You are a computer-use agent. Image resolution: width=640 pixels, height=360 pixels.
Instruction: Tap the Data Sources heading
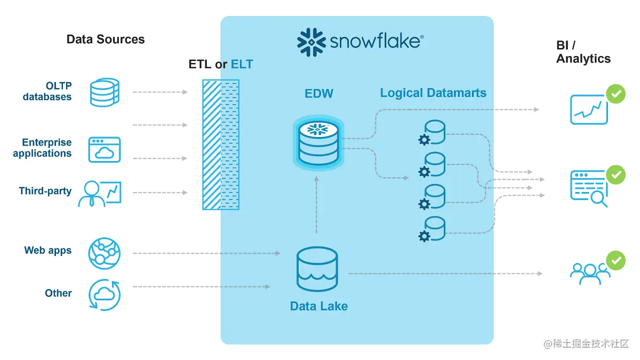coord(105,39)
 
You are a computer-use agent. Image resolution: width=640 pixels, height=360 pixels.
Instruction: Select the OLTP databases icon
coord(105,92)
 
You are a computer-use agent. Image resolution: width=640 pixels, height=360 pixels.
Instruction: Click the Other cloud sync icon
coord(105,294)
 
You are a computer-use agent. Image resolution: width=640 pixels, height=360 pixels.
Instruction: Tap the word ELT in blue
coord(242,65)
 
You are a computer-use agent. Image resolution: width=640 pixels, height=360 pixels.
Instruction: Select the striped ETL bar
coord(212,145)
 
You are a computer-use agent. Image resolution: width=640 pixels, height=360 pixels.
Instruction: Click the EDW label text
coord(319,94)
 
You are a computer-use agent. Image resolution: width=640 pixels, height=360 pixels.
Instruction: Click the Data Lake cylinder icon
coord(317,269)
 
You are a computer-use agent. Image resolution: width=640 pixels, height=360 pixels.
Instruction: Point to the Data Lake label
coord(318,306)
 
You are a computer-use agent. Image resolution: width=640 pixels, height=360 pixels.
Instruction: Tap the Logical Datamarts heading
coord(433,93)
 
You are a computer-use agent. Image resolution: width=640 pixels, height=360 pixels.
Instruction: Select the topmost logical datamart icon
coord(433,133)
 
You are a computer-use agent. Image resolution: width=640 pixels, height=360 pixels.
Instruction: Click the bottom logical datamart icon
coord(433,229)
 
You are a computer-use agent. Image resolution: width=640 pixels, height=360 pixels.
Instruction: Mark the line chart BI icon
coord(588,109)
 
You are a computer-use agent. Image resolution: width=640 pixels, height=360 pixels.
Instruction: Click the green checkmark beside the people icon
coord(616,261)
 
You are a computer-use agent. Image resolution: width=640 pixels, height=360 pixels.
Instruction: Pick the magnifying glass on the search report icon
coord(599,198)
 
